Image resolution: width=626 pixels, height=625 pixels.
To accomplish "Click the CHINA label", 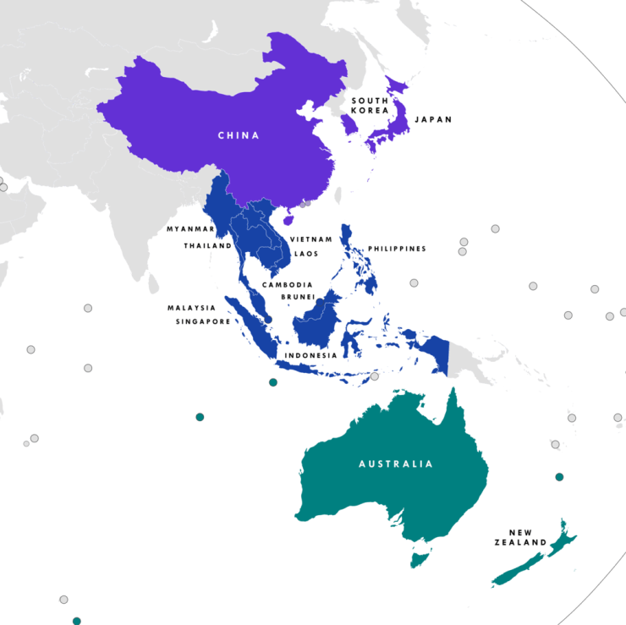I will pyautogui.click(x=239, y=135).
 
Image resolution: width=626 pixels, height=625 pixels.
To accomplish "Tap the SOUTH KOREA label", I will pyautogui.click(x=370, y=105).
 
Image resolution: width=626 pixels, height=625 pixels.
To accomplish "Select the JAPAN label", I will pyautogui.click(x=433, y=120).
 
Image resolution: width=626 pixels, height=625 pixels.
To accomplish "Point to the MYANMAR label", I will pyautogui.click(x=190, y=229).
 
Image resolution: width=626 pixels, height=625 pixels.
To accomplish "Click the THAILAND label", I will pyautogui.click(x=208, y=246).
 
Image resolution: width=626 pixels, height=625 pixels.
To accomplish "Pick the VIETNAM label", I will pyautogui.click(x=311, y=240).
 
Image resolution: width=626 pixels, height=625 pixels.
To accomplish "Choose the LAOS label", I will pyautogui.click(x=305, y=254).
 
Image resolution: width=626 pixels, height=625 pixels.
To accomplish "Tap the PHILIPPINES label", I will pyautogui.click(x=397, y=249).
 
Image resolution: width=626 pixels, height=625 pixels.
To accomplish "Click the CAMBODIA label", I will pyautogui.click(x=288, y=285).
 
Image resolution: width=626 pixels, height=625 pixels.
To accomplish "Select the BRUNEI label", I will pyautogui.click(x=299, y=298).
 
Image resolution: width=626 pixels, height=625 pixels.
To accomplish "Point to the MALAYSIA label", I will pyautogui.click(x=191, y=308).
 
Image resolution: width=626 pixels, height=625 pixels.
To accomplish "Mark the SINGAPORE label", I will pyautogui.click(x=203, y=321).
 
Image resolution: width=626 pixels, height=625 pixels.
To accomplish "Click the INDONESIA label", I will pyautogui.click(x=311, y=355).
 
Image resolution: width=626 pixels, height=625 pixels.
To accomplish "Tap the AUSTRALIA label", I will pyautogui.click(x=396, y=463).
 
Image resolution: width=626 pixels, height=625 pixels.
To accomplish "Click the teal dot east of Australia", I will pyautogui.click(x=559, y=477).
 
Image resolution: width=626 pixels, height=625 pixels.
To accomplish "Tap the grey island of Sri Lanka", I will pyautogui.click(x=153, y=282).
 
